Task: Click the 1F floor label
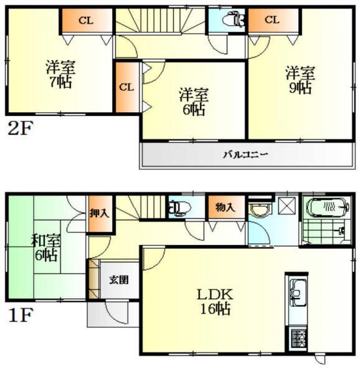(19, 314)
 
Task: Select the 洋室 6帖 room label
(193, 102)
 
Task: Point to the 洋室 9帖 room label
(300, 80)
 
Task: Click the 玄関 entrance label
(120, 280)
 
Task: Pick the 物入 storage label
(225, 208)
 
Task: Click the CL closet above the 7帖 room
(87, 20)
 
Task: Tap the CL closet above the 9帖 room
(272, 20)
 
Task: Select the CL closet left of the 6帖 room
(126, 87)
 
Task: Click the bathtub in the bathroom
(326, 206)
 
